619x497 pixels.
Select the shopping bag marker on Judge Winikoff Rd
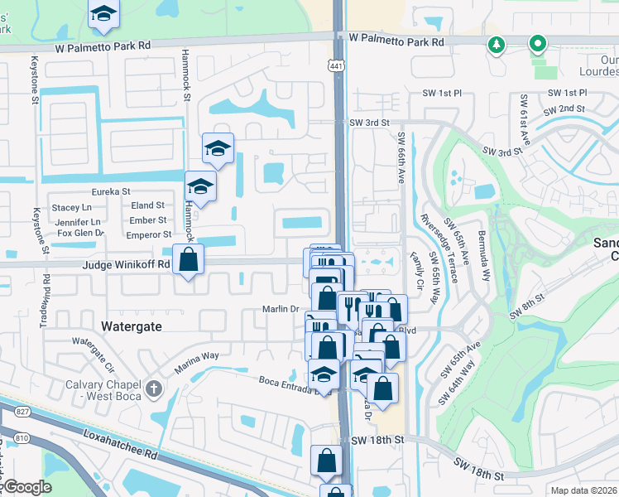pyautogui.click(x=190, y=260)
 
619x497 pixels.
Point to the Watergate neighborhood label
pyautogui.click(x=131, y=326)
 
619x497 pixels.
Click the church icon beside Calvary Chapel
pyautogui.click(x=153, y=388)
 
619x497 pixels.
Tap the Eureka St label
pyautogui.click(x=111, y=191)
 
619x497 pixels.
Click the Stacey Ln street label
pyautogui.click(x=72, y=207)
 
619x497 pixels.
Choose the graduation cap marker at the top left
pyautogui.click(x=103, y=14)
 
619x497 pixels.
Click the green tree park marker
pyautogui.click(x=496, y=45)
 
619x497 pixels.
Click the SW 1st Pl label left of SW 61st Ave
pyautogui.click(x=440, y=94)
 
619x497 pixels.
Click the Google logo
pyautogui.click(x=26, y=487)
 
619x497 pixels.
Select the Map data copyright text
pyautogui.click(x=583, y=490)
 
